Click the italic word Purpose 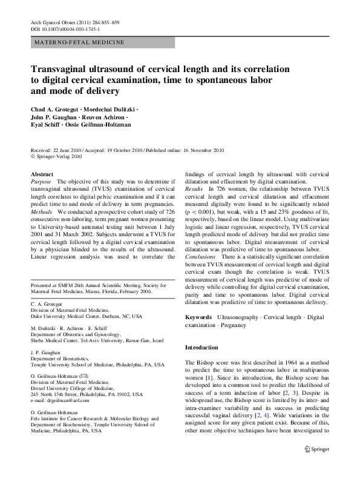(41, 181)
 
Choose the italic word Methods (42, 213)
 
